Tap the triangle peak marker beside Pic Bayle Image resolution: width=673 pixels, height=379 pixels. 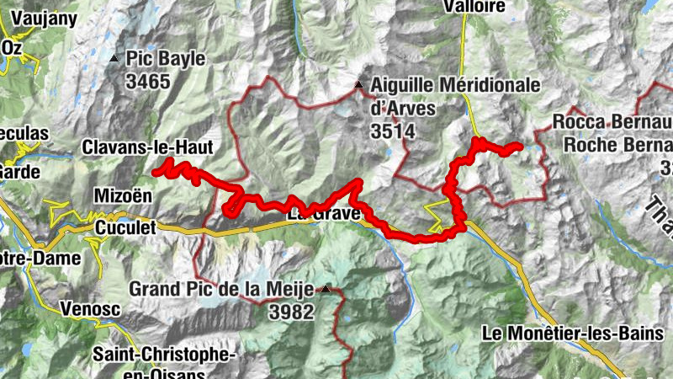pos(114,59)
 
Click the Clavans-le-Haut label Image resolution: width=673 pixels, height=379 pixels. pos(148,147)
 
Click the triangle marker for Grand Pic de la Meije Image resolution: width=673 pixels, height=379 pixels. pos(325,290)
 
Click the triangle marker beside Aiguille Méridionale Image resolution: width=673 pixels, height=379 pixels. pos(359,86)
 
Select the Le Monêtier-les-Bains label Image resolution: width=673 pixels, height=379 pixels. pos(572,334)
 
